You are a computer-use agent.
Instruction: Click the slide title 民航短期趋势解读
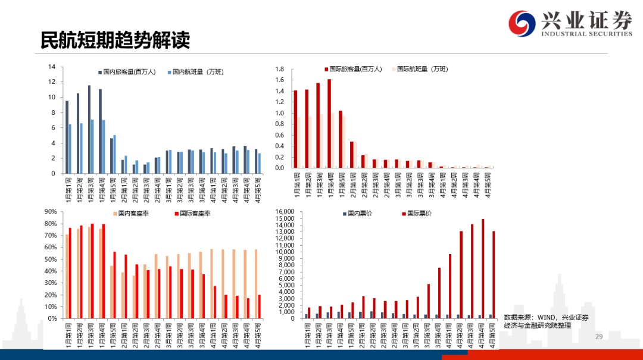pyautogui.click(x=115, y=39)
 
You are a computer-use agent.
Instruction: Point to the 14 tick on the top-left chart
pyautogui.click(x=52, y=67)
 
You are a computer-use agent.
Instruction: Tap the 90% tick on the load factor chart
pyautogui.click(x=50, y=211)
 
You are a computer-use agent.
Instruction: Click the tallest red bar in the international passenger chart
pyautogui.click(x=329, y=123)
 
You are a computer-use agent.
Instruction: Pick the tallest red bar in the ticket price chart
pyautogui.click(x=482, y=268)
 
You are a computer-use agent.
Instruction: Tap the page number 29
pyautogui.click(x=600, y=337)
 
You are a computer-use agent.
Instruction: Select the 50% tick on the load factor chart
pyautogui.click(x=50, y=259)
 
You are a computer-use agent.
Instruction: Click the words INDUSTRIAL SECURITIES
pyautogui.click(x=586, y=34)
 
